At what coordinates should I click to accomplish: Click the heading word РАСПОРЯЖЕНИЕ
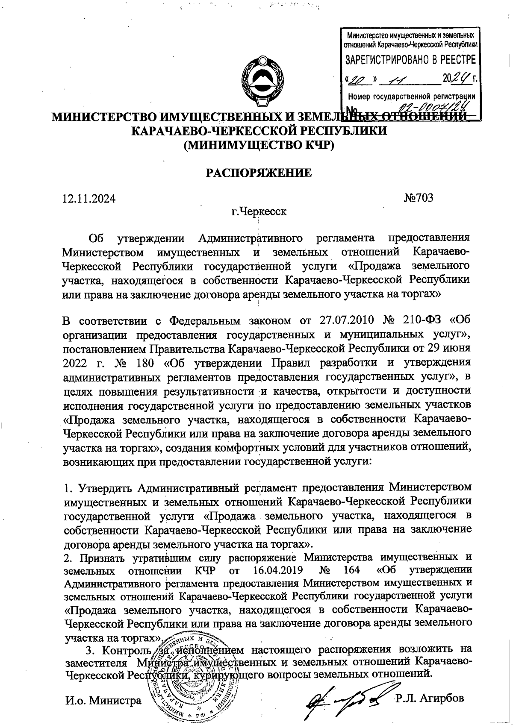tap(259, 173)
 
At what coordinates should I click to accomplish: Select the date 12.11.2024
tap(89, 198)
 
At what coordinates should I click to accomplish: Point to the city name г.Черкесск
tap(259, 211)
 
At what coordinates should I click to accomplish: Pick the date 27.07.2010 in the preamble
tap(341, 320)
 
